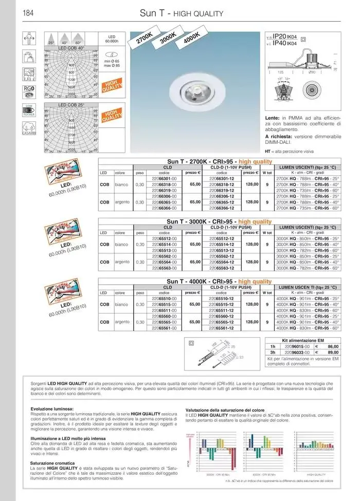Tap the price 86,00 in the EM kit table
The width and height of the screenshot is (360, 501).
pyautogui.click(x=333, y=347)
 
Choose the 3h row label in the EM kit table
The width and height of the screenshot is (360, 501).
pyautogui.click(x=273, y=353)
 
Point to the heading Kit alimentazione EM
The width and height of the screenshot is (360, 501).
pyautogui.click(x=303, y=341)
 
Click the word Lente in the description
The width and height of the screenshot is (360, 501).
pyautogui.click(x=273, y=118)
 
